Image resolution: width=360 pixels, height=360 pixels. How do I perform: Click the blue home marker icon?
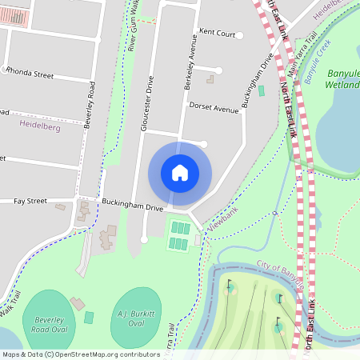[180, 172]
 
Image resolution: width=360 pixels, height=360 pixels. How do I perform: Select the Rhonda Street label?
[30, 75]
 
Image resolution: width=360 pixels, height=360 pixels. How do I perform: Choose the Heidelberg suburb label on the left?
[39, 126]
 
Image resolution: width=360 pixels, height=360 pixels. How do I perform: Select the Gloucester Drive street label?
[146, 103]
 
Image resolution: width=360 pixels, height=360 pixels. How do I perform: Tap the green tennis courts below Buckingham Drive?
[179, 235]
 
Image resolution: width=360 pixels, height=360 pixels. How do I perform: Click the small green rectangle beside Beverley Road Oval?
[89, 318]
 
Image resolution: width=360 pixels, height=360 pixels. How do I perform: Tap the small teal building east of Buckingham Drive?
[261, 90]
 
